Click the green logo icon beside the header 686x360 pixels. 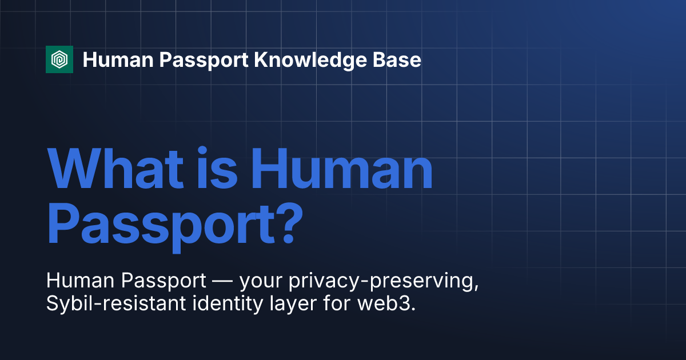coord(59,59)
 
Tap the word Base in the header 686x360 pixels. coord(400,59)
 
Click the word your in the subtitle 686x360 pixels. coord(257,282)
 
